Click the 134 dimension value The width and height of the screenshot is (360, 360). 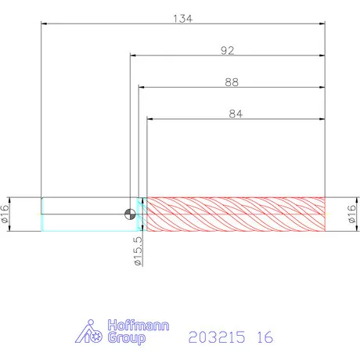tap(183, 19)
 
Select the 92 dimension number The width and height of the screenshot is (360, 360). tap(228, 50)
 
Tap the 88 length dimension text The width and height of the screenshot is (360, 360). tap(232, 82)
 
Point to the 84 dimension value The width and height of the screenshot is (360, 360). tap(236, 114)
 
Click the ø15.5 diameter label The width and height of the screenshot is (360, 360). tap(139, 251)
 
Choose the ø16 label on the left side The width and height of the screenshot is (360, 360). tap(5, 214)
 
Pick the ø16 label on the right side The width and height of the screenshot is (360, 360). tap(352, 214)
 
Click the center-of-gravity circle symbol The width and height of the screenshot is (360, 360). tap(130, 214)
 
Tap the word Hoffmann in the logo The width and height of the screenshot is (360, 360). tap(139, 326)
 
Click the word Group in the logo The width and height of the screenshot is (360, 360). tap(127, 338)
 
